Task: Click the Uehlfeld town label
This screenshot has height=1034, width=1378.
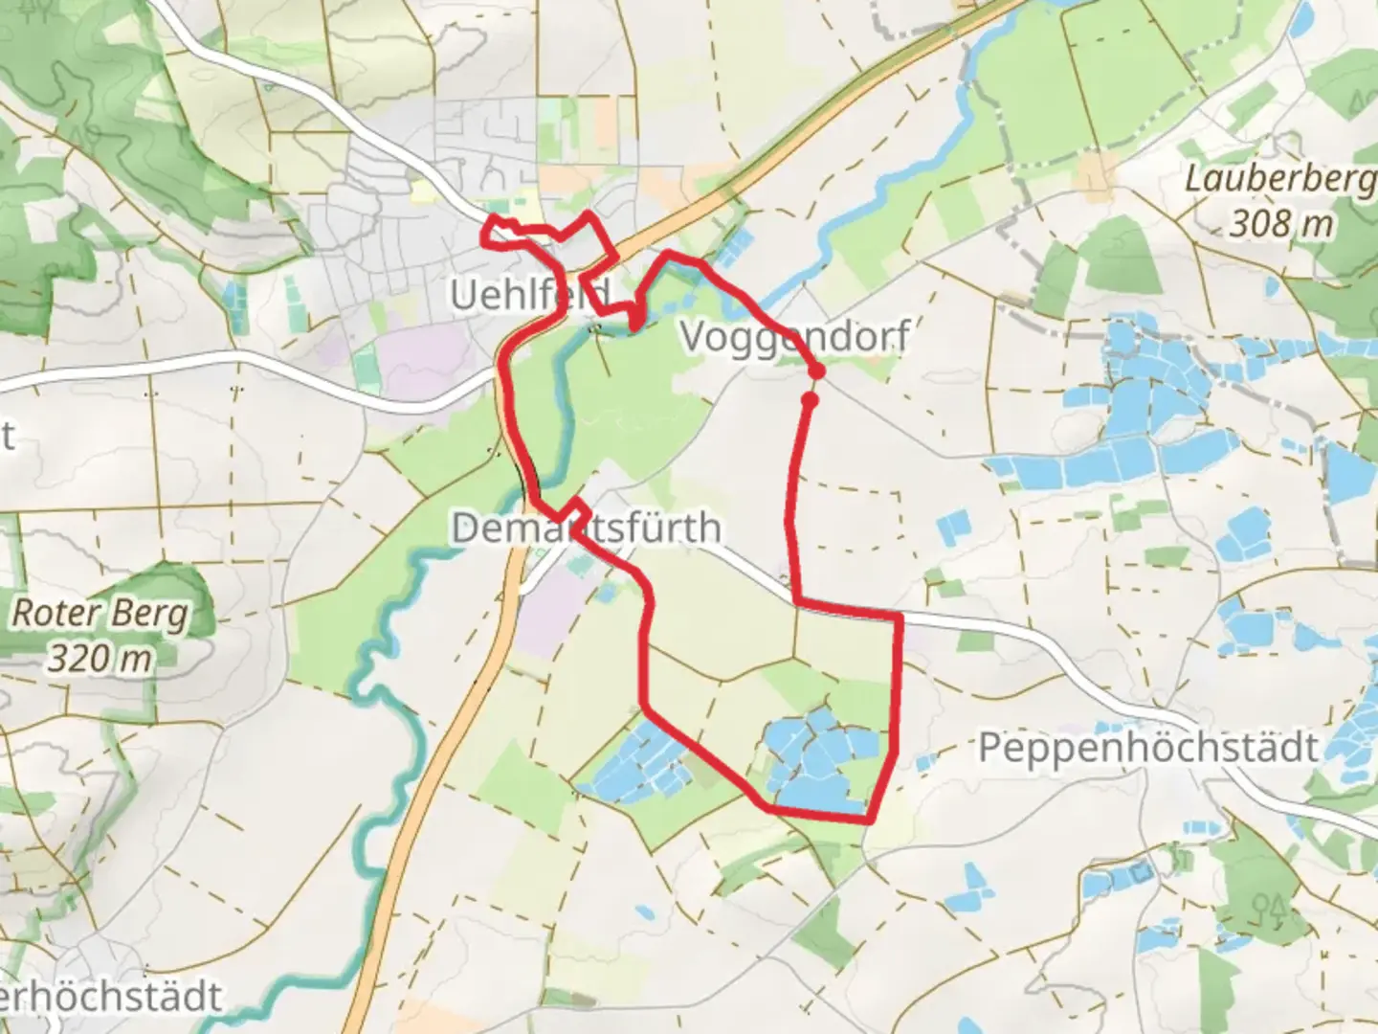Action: point(529,295)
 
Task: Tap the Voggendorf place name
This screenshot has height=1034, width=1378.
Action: point(794,337)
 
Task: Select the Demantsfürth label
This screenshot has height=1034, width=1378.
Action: point(586,528)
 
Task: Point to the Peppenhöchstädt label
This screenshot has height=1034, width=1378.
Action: point(1148,748)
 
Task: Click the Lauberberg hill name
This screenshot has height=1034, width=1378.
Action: point(1280,179)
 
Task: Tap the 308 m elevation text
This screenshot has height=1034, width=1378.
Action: point(1280,225)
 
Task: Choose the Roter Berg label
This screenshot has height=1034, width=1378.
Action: point(100,614)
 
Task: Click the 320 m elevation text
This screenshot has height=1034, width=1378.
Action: point(100,660)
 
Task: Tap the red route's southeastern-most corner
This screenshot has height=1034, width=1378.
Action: point(870,820)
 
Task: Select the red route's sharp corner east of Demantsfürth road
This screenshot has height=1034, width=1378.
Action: point(900,618)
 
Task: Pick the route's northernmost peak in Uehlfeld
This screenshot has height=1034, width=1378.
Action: point(590,216)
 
